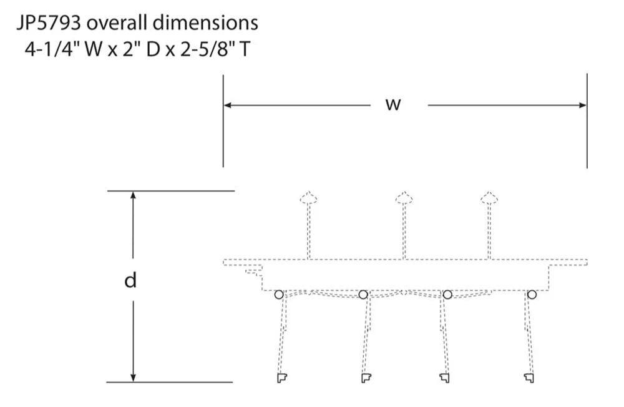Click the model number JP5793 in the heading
coord(49,23)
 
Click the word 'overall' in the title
coord(117,22)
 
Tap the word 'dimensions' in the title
coord(205,22)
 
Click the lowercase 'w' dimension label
coord(393,104)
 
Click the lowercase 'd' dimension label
coord(130,280)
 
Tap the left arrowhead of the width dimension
coord(227,105)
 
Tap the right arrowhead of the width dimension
coord(583,105)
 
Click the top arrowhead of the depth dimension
coord(134,195)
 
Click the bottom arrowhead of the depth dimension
coord(134,378)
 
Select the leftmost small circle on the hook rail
coord(279,295)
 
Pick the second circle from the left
coord(363,295)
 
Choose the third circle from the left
coord(447,295)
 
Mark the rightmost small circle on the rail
coord(532,295)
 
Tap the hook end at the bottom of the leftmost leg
coord(282,378)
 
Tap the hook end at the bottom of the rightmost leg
coord(529,378)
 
